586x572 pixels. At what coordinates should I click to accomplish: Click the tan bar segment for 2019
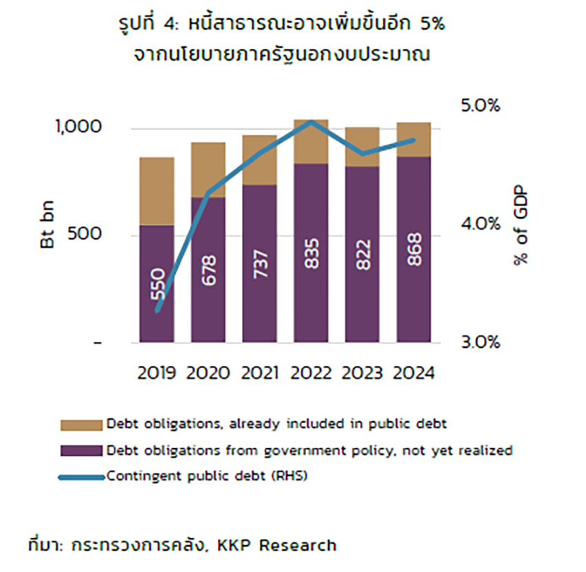(157, 191)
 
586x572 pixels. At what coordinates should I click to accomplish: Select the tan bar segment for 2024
(414, 139)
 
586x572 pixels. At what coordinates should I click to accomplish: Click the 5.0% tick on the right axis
(478, 106)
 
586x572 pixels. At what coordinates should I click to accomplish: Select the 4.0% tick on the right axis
(478, 225)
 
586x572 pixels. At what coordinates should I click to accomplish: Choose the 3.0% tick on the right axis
(478, 343)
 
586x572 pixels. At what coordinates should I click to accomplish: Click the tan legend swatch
(81, 423)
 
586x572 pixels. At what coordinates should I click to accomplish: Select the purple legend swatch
(81, 451)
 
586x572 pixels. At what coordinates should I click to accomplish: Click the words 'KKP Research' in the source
(276, 546)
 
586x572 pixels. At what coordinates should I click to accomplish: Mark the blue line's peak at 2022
(312, 122)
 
